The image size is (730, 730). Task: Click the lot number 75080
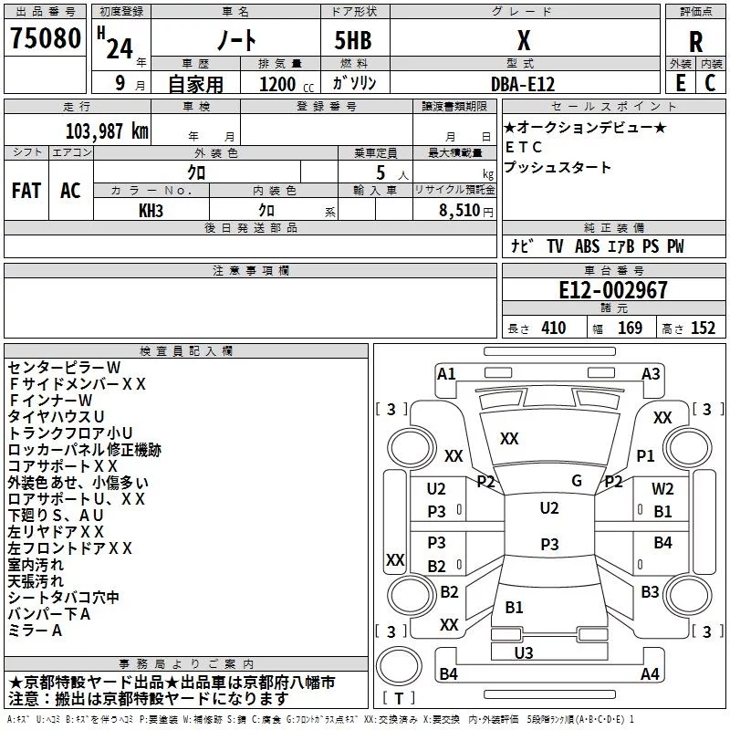46,37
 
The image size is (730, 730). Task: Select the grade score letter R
695,42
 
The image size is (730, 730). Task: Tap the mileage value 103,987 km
107,131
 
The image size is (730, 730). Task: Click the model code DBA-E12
523,84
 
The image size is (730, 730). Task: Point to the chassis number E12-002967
613,290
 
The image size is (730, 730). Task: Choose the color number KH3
151,211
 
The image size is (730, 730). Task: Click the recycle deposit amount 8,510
460,211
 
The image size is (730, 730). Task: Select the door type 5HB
353,40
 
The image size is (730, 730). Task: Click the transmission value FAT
26,191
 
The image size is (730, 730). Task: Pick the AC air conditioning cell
71,191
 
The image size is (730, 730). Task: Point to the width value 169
630,328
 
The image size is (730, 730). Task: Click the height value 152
703,328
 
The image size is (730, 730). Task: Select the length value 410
554,328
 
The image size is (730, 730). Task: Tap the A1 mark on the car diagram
446,374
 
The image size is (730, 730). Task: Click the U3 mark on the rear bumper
524,652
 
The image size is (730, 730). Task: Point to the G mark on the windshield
577,480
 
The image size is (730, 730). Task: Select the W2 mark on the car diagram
662,489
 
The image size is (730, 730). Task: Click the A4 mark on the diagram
650,673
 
